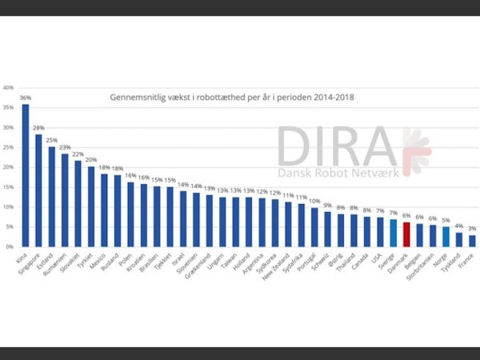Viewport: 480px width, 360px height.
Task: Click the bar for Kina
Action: (x=26, y=175)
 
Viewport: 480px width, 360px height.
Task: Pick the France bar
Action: (x=472, y=241)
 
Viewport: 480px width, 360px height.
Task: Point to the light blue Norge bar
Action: (x=446, y=237)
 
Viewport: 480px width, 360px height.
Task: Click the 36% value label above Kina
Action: (x=26, y=98)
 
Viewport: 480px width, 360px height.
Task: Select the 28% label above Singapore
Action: (x=38, y=128)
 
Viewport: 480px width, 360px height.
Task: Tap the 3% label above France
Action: (x=472, y=229)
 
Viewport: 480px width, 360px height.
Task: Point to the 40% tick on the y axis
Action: (x=8, y=88)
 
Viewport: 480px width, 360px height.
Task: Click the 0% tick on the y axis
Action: (x=9, y=247)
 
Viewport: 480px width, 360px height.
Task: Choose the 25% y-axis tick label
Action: (x=8, y=148)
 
